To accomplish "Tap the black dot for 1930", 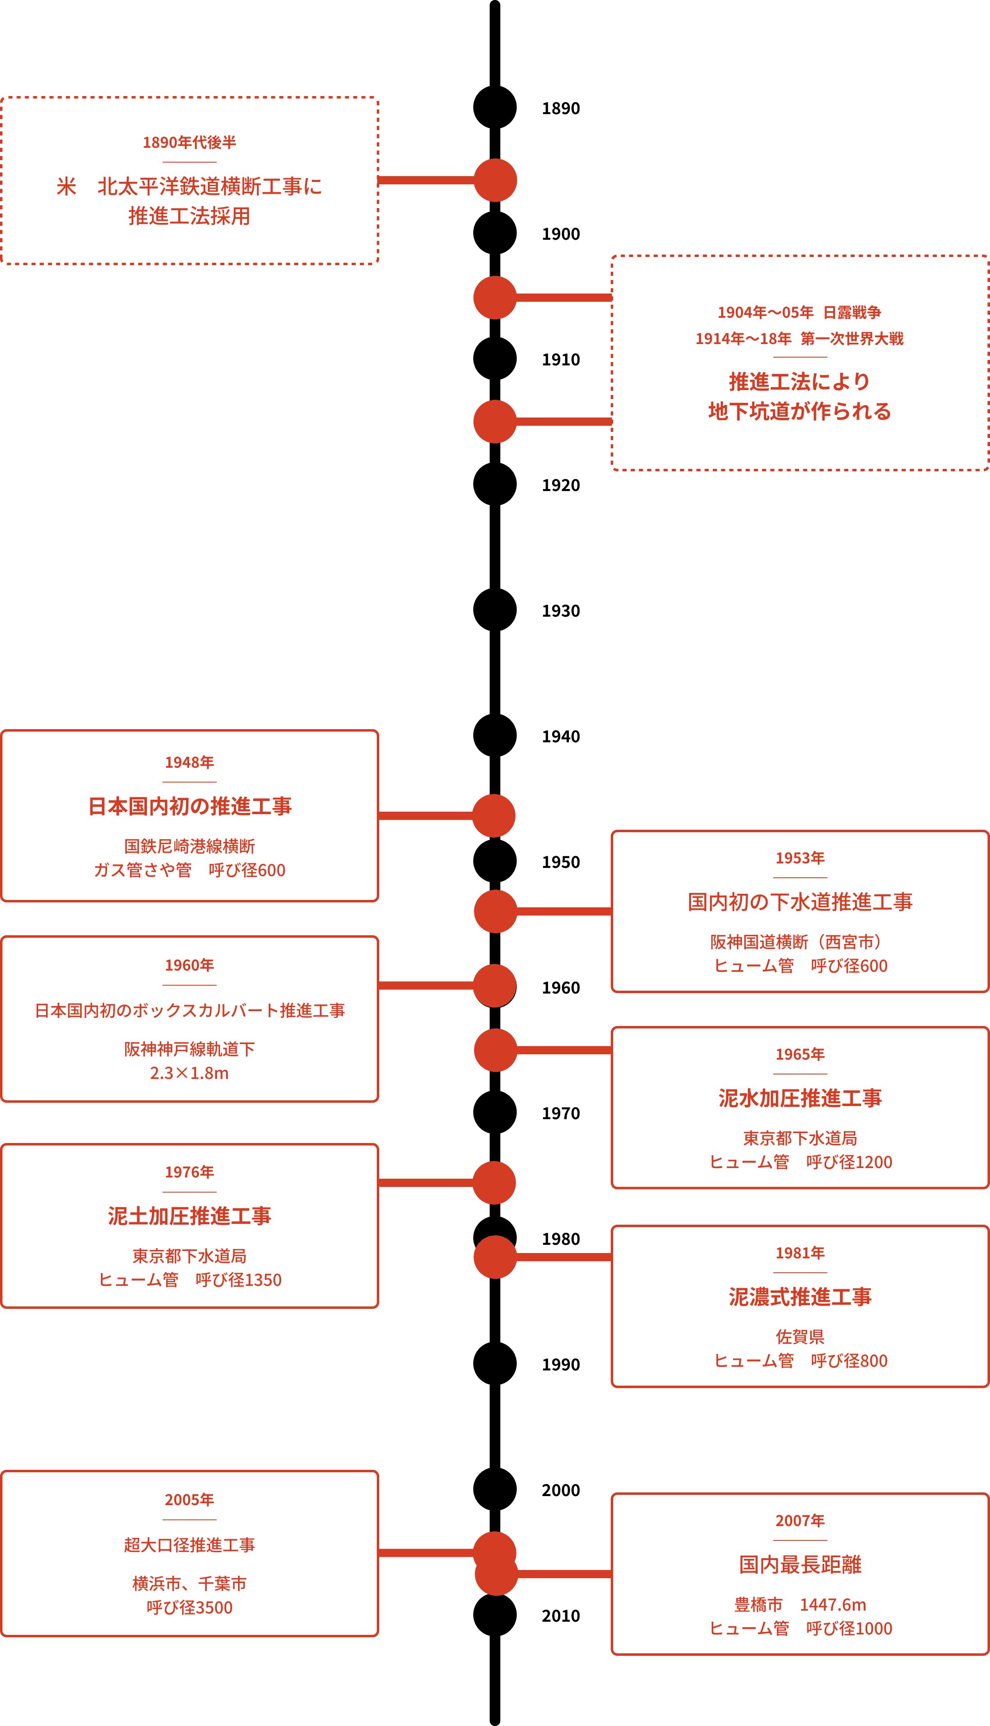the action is point(495,610).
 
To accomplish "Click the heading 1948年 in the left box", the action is point(189,762).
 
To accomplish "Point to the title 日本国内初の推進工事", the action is point(190,807).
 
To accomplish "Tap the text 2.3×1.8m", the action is point(189,1073).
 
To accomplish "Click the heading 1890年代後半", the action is point(189,142).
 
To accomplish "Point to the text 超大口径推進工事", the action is point(189,1545).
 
